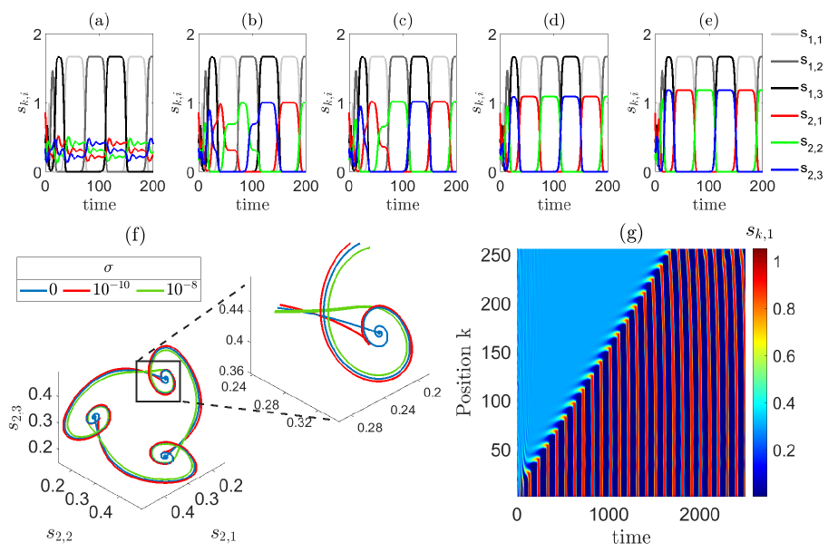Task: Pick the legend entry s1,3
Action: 799,88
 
